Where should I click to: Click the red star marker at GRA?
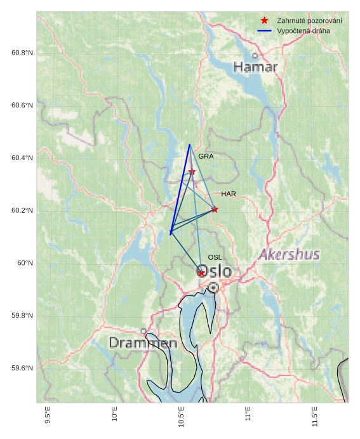(192, 172)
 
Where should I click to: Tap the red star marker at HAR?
(215, 209)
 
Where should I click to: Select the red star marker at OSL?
(201, 273)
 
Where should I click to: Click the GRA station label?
(206, 156)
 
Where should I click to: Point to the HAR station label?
(229, 194)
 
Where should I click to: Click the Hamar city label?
(255, 67)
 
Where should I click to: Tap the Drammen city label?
(143, 343)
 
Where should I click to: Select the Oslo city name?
(215, 272)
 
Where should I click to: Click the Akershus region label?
(289, 255)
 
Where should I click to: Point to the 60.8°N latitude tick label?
(22, 53)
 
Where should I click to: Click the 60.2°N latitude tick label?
(22, 211)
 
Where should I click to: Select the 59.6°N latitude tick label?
(22, 368)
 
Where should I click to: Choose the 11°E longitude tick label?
(248, 414)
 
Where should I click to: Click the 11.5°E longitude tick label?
(315, 415)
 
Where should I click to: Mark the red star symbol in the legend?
(265, 21)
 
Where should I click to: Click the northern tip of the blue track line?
(189, 145)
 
